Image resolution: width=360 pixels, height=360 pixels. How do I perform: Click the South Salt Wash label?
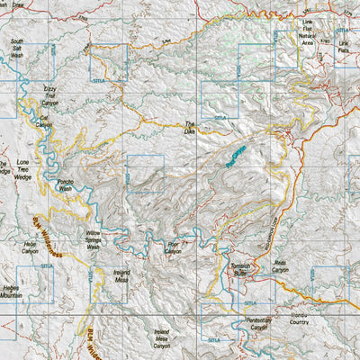(17, 48)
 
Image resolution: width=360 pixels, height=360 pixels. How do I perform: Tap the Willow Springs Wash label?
(99, 238)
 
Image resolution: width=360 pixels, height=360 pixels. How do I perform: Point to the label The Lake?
(189, 128)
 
